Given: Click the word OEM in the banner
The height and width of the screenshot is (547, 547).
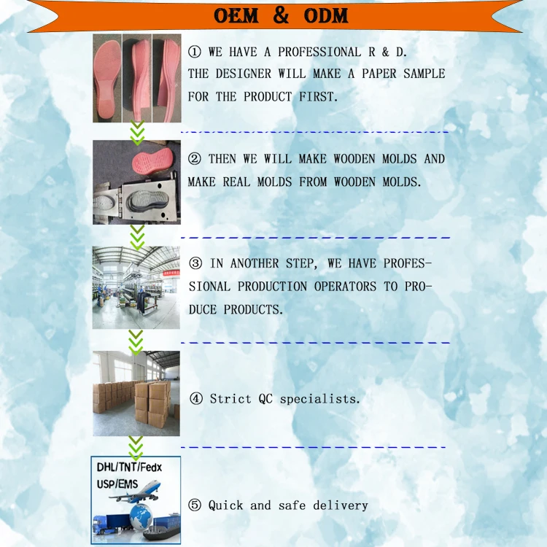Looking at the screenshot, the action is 236,16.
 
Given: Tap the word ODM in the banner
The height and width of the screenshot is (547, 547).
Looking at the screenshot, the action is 326,16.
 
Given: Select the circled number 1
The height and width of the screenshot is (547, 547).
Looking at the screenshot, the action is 194,52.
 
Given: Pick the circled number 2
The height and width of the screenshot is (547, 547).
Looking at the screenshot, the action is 194,159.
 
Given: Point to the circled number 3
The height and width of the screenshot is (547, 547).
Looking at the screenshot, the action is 195,263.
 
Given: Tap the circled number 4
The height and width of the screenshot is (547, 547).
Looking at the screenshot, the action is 196,398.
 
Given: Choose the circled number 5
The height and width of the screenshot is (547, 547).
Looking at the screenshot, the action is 195,505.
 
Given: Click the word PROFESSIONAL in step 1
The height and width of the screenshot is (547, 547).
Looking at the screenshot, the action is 319,52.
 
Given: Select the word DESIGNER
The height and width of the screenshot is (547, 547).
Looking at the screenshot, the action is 243,74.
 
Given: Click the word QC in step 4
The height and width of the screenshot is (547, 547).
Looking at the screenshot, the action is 265,399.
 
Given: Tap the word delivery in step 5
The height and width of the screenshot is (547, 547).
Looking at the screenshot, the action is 341,505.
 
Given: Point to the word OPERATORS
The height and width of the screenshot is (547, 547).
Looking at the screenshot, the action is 345,287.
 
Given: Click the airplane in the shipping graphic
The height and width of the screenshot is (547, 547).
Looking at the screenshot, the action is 135,492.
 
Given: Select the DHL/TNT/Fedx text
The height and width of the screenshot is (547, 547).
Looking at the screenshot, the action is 129,467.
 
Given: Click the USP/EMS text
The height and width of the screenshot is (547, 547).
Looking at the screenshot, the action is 117,484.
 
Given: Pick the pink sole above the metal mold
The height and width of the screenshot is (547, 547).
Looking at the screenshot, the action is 152,161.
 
